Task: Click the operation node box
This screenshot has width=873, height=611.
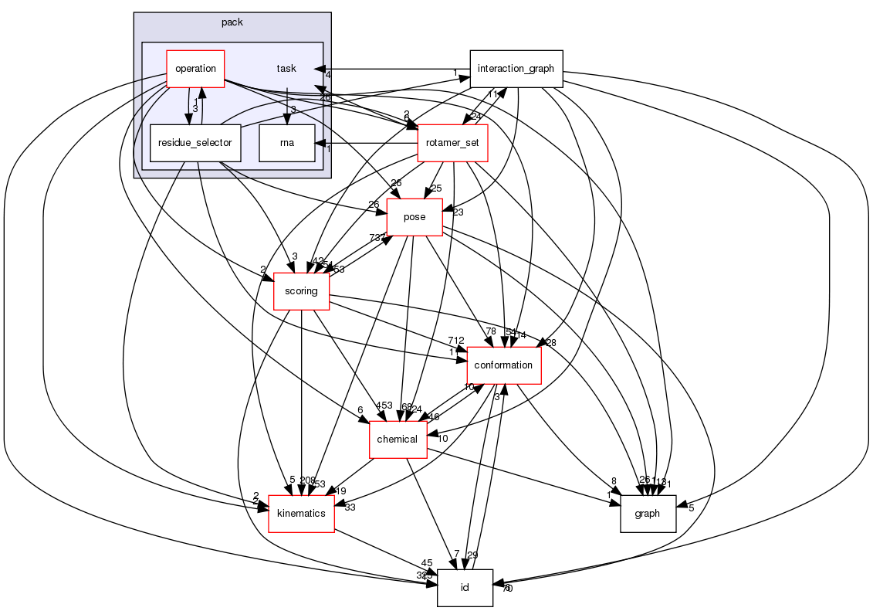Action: [x=195, y=69]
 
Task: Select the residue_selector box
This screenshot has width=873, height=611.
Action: [x=195, y=143]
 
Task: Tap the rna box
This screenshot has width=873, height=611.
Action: [x=287, y=143]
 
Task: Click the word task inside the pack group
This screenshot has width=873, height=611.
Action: [x=286, y=69]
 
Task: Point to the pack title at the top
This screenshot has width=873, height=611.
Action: [x=232, y=22]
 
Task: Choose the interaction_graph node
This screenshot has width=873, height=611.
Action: [x=516, y=69]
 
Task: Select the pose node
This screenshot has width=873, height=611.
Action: [x=415, y=217]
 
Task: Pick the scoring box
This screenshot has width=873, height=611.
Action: [x=301, y=291]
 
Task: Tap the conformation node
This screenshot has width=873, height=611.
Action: [x=503, y=365]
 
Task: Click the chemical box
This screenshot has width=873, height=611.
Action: [x=398, y=439]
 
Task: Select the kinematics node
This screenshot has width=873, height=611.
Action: [x=301, y=513]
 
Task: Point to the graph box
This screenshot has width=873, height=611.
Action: [x=648, y=513]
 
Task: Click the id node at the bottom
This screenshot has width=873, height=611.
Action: [x=465, y=587]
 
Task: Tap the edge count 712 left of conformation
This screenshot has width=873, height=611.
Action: [x=455, y=341]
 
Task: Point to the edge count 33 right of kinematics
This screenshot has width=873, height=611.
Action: [x=350, y=507]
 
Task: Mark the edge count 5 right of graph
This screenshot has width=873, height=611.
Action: [x=690, y=507]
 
